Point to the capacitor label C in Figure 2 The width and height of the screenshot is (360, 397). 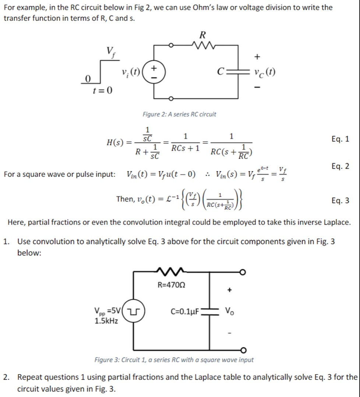click(220, 71)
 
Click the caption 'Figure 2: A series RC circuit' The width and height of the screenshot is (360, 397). click(179, 114)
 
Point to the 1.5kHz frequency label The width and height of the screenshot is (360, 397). click(106, 321)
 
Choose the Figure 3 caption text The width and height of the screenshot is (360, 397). click(174, 360)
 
